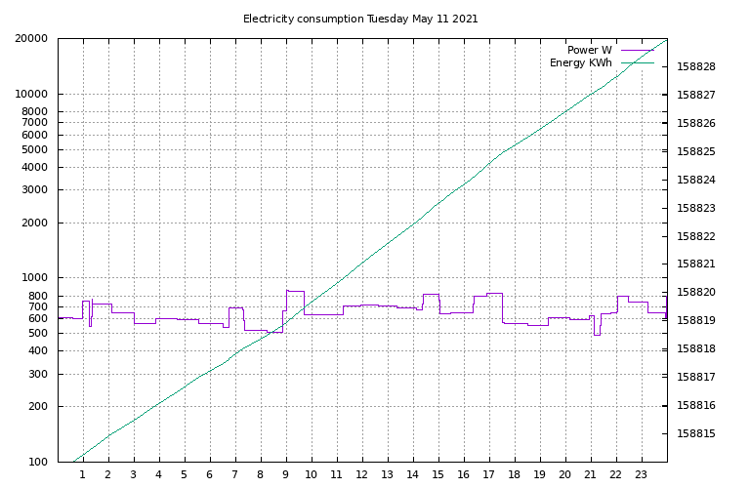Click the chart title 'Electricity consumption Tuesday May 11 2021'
360,19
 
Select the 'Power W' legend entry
589,50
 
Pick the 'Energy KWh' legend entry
580,63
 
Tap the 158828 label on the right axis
696,67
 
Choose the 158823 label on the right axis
696,209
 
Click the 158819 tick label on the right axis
696,321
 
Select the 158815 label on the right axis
696,434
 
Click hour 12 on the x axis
362,475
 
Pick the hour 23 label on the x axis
642,475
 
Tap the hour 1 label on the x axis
83,475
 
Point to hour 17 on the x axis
489,475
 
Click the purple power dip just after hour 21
597,334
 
